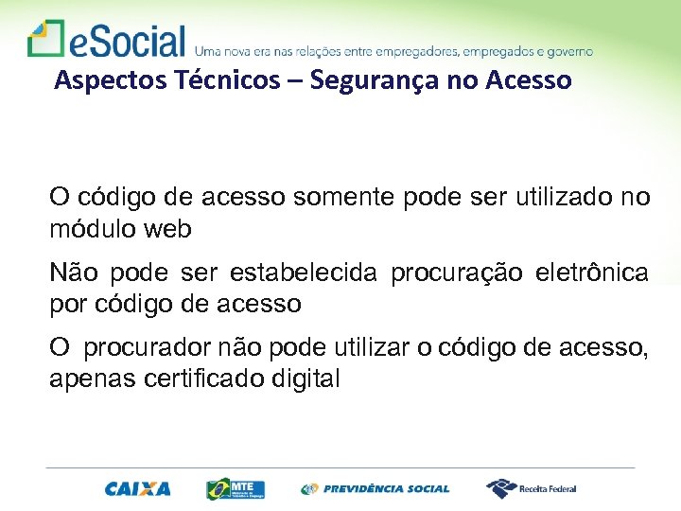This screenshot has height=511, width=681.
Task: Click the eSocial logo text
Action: (128, 41)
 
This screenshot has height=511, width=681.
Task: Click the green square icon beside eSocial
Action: (45, 39)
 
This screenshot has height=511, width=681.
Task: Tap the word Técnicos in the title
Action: (233, 80)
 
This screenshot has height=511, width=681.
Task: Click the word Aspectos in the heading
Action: (98, 80)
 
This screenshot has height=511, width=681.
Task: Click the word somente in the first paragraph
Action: (345, 198)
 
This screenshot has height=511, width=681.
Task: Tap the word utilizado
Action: (563, 198)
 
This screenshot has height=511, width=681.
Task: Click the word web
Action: (168, 228)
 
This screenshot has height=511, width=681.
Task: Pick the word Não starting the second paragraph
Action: (75, 273)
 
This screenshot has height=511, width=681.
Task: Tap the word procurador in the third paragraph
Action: (136, 349)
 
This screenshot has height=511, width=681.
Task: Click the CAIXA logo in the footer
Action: (138, 489)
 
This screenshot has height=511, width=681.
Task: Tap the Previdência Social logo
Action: (375, 489)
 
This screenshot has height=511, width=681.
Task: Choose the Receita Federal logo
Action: (532, 489)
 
